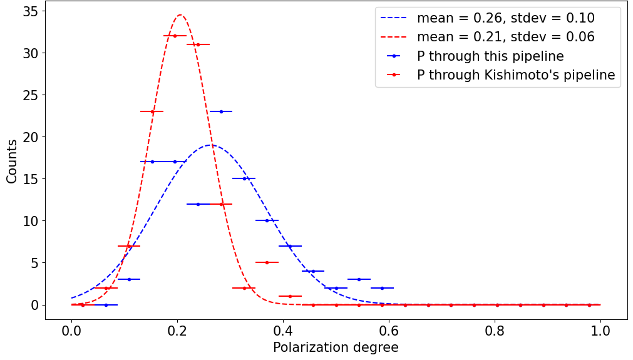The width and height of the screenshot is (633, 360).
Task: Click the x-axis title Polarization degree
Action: tap(336, 347)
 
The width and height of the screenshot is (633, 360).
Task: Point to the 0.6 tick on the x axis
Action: tap(389, 321)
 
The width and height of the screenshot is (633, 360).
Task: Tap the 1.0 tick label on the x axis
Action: tap(601, 330)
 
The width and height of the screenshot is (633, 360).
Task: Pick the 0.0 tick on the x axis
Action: tap(71, 321)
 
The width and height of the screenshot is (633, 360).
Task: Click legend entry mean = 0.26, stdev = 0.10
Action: tap(506, 18)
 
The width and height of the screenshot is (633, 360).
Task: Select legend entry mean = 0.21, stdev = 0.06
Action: tap(506, 37)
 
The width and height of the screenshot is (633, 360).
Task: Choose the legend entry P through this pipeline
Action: tap(490, 56)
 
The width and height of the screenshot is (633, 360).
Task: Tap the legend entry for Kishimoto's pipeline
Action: tap(516, 76)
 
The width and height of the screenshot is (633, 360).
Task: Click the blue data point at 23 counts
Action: tap(221, 111)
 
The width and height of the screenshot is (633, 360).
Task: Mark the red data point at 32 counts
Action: tap(175, 36)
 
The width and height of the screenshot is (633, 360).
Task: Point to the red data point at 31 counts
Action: tap(198, 44)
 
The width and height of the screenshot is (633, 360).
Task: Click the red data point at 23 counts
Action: tap(152, 111)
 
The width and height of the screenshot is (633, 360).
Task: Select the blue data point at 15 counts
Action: tap(244, 178)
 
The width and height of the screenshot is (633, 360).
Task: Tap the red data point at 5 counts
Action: tap(267, 262)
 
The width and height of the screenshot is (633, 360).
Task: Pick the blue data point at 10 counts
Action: tap(267, 220)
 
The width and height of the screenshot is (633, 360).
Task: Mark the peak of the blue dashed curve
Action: tap(210, 145)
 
